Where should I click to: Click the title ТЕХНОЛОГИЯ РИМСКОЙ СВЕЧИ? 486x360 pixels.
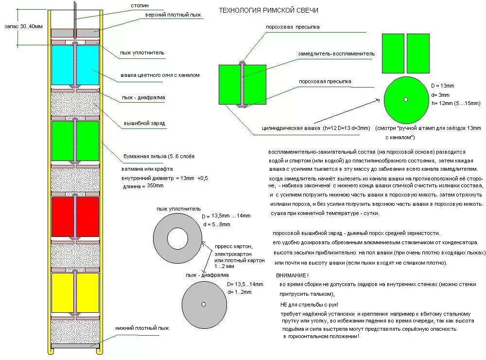click(269, 10)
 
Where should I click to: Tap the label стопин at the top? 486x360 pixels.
click(139, 6)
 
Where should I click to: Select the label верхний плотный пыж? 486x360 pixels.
click(173, 15)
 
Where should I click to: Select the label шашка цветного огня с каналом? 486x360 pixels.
click(160, 75)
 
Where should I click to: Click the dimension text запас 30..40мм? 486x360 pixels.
click(23, 26)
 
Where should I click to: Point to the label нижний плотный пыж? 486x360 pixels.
click(142, 328)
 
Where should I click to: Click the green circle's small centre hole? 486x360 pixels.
click(406, 100)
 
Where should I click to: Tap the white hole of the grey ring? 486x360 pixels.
click(177, 239)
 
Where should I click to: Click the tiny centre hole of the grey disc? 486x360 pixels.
click(204, 304)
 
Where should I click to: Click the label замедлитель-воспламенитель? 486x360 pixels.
click(330, 54)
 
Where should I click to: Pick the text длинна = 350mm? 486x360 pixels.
click(143, 186)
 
